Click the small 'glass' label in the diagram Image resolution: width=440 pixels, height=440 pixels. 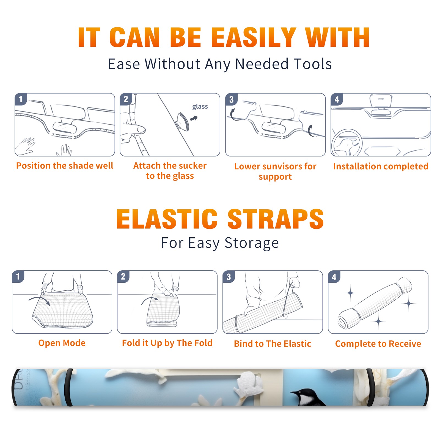coord(200,107)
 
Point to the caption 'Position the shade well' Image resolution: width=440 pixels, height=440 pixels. coord(65,166)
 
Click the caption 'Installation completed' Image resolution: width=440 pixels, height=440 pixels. coord(381,166)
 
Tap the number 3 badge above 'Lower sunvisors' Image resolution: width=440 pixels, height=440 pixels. coord(231,99)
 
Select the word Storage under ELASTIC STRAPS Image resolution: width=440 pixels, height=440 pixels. coord(252,243)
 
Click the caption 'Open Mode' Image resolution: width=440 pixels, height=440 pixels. coord(62,343)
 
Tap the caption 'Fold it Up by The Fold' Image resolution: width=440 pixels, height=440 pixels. coord(167,343)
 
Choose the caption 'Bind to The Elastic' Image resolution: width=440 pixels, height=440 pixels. coord(273,344)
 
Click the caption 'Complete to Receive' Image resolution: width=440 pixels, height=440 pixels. coord(378,344)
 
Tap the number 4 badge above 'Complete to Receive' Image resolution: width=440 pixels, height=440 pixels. coord(334,277)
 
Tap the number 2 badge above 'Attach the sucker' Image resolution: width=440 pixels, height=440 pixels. coord(126,99)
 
